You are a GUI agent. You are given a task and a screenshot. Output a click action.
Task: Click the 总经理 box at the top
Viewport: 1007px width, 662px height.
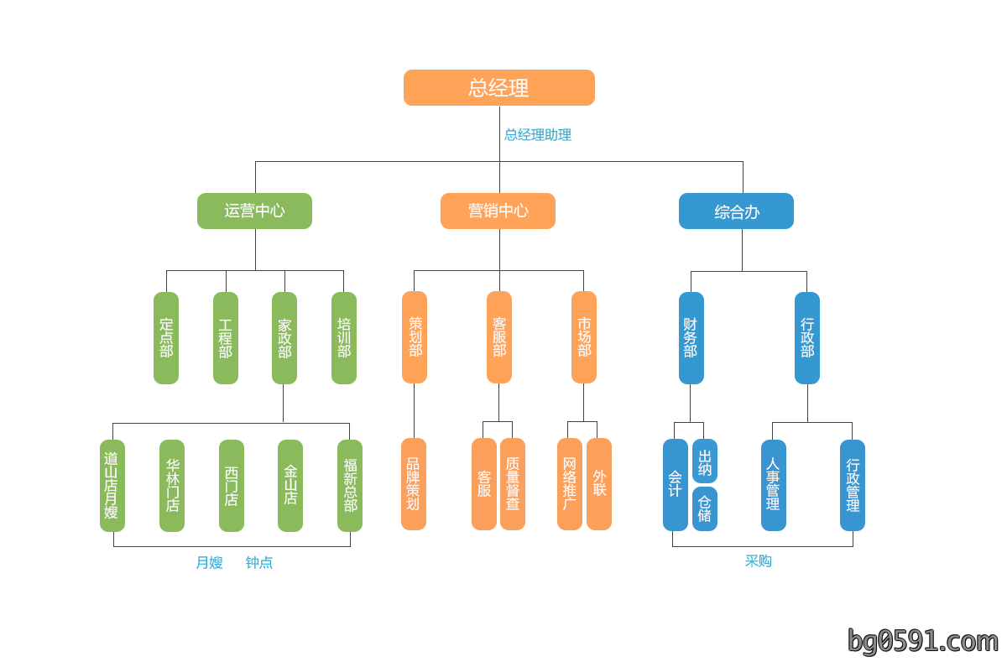(x=499, y=87)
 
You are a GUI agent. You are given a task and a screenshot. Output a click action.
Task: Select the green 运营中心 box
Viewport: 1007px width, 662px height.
(x=254, y=211)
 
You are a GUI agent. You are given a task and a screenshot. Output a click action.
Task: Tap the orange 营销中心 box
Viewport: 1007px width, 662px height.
(x=498, y=211)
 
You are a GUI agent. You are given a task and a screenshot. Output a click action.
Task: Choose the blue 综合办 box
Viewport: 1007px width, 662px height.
(x=736, y=211)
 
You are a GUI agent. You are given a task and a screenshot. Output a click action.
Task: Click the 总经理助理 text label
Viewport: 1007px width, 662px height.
(x=538, y=135)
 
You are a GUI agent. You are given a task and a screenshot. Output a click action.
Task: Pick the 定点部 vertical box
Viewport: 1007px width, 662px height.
(x=166, y=338)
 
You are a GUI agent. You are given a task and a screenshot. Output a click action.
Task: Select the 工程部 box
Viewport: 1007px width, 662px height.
(x=225, y=338)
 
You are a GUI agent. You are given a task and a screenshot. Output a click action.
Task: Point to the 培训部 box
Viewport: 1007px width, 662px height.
(x=344, y=338)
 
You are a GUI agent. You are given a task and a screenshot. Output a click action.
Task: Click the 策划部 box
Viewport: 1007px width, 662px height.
(x=415, y=337)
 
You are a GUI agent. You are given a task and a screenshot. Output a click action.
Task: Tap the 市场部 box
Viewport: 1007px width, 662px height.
(x=584, y=337)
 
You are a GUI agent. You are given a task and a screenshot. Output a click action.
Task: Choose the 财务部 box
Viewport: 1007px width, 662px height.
(x=691, y=338)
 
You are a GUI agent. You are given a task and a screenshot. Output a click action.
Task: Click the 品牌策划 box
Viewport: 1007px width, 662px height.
(x=414, y=484)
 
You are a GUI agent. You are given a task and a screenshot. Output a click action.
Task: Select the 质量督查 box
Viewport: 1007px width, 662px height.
(x=513, y=484)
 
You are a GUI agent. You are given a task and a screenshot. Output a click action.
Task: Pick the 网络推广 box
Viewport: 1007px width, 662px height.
(x=570, y=484)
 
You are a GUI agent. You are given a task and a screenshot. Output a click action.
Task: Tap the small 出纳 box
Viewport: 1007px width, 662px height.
(x=705, y=461)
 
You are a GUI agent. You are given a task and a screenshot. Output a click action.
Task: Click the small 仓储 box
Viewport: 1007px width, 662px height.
(x=705, y=508)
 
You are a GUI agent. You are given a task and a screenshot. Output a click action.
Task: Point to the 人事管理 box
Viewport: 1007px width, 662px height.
(x=774, y=485)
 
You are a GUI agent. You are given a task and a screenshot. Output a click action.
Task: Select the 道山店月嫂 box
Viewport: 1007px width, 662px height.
(x=112, y=486)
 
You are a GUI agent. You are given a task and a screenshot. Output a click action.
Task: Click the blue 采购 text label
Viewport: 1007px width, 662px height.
(x=759, y=560)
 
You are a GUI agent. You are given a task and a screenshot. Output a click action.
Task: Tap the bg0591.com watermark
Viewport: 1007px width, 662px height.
(x=922, y=641)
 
